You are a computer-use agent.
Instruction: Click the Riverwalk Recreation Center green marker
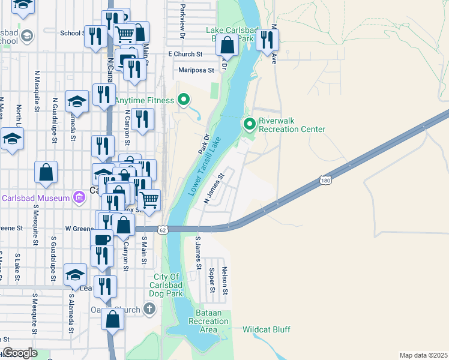pyautogui.click(x=250, y=124)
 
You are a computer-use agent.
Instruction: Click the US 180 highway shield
pyautogui.click(x=325, y=180)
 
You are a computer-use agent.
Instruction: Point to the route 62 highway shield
pyautogui.click(x=163, y=229)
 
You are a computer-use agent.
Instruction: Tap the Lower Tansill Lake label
pyautogui.click(x=205, y=166)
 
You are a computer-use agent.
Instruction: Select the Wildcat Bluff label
pyautogui.click(x=267, y=330)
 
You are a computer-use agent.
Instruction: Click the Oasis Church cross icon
pyautogui.click(x=149, y=309)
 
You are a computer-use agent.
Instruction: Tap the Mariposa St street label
pyautogui.click(x=196, y=70)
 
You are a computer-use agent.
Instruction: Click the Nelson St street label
pyautogui.click(x=226, y=280)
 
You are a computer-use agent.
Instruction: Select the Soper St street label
pyautogui.click(x=212, y=280)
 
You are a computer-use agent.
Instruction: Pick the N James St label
pyautogui.click(x=214, y=189)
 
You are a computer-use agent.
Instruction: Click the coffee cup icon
pyautogui.click(x=102, y=240)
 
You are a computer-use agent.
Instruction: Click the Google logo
pyautogui.click(x=20, y=353)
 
